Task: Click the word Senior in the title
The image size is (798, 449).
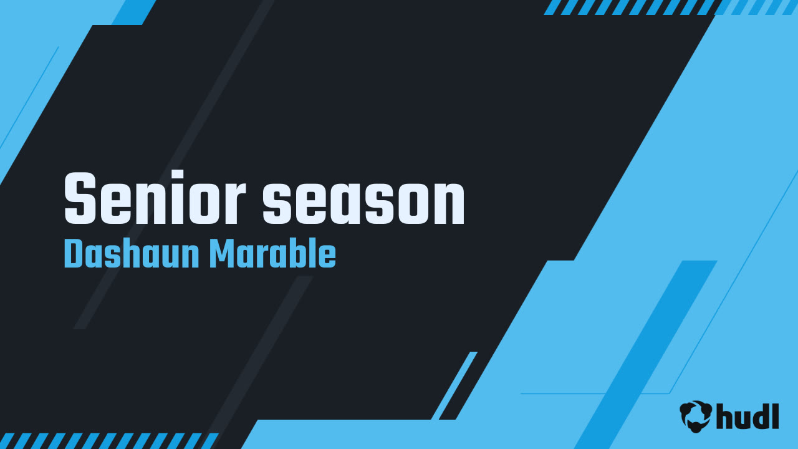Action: (155, 198)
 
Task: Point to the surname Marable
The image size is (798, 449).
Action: (272, 254)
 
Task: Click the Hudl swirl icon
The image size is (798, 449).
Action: (696, 416)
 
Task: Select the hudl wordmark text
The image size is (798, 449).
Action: (748, 416)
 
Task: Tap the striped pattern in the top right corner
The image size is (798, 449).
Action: (670, 7)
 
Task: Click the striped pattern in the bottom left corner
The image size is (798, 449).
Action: (108, 441)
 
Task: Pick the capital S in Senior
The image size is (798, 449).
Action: (80, 198)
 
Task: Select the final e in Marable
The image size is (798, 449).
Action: (328, 258)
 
